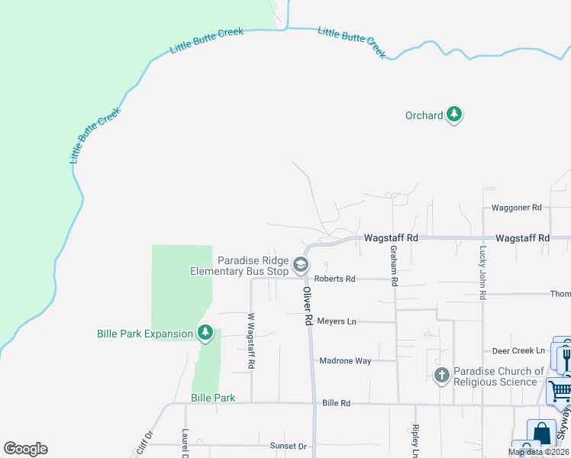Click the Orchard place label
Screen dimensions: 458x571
[424, 115]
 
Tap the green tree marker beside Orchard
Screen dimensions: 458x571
[454, 114]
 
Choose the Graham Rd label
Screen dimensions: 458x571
[394, 266]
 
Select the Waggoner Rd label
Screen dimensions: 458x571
[516, 207]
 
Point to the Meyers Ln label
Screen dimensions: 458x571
[337, 321]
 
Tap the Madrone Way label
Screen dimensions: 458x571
[344, 360]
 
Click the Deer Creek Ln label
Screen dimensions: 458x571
[518, 350]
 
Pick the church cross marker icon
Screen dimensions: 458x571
[441, 375]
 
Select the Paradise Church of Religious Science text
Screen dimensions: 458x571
[498, 376]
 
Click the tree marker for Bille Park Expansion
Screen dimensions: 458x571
[205, 333]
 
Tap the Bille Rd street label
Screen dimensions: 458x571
[336, 402]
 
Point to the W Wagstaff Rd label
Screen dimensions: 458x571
[250, 341]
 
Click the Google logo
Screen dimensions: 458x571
[25, 449]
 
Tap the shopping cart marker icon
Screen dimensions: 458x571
[560, 390]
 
